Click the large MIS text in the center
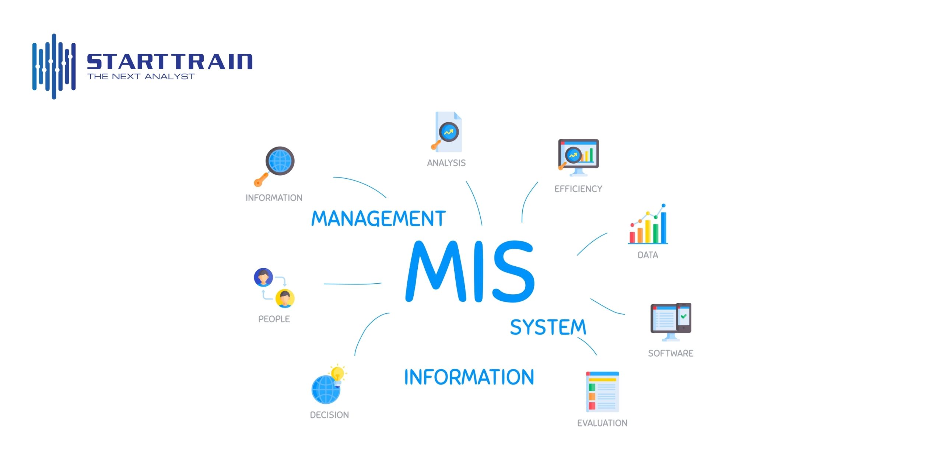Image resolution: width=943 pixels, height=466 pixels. (470, 272)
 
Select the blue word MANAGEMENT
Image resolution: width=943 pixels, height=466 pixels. (378, 218)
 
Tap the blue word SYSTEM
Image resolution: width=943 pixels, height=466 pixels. (548, 327)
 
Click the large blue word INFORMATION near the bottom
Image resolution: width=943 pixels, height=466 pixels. (469, 377)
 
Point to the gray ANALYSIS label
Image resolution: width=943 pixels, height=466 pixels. (446, 163)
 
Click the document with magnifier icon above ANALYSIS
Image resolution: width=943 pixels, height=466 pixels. (447, 132)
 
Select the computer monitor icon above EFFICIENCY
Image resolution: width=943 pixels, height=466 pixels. (578, 156)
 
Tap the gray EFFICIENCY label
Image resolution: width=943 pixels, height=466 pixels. (578, 189)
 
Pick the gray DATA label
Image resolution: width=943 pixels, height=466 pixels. (648, 255)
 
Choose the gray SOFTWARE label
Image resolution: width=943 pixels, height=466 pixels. (670, 353)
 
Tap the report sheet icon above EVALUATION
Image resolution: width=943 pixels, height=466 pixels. (602, 392)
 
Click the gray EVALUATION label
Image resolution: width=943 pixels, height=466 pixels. (602, 423)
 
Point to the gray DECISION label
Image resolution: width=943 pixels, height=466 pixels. (329, 415)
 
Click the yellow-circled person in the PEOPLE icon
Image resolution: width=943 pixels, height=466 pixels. (285, 298)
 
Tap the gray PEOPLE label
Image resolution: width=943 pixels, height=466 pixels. (274, 319)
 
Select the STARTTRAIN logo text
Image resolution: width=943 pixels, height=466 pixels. (169, 62)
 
